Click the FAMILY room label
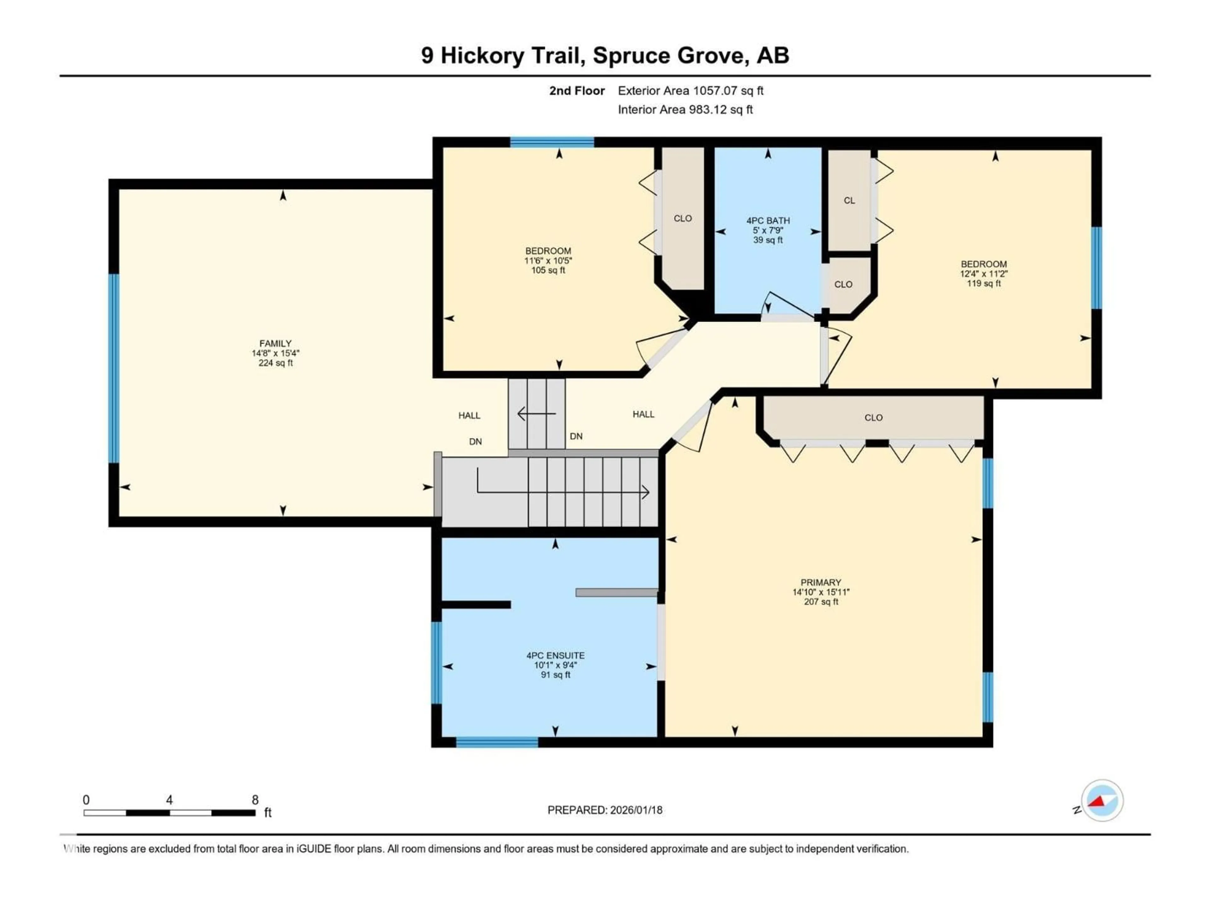(275, 343)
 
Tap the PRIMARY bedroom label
(820, 582)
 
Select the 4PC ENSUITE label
(555, 655)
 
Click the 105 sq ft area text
(548, 271)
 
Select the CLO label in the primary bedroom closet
(873, 418)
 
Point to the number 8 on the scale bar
(255, 800)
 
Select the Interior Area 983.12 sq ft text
(685, 109)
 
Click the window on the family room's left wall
(114, 368)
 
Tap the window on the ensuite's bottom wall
(497, 742)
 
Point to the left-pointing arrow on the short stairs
(536, 414)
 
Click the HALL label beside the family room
(469, 416)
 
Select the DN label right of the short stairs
(576, 436)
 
